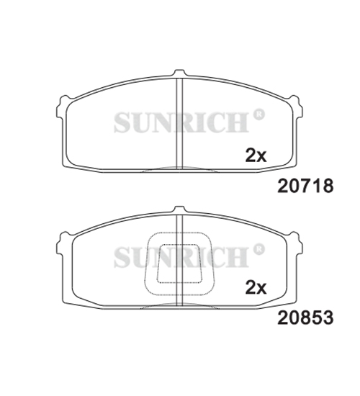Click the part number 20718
305,186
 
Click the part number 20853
305,318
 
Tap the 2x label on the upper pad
256,155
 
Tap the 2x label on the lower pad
256,287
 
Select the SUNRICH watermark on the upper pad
181,122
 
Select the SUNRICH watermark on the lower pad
181,257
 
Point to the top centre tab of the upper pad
179,73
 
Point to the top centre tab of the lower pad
179,210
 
